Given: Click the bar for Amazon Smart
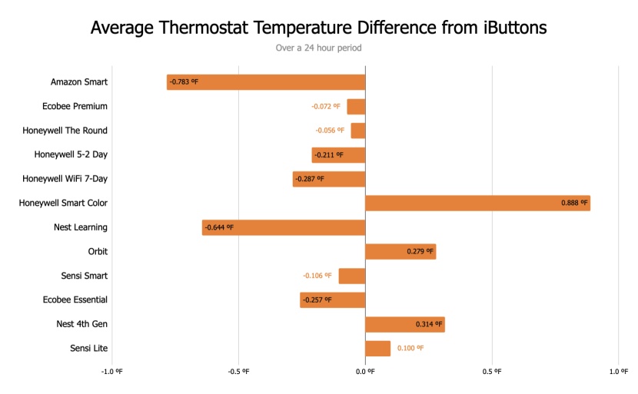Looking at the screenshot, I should (x=266, y=82).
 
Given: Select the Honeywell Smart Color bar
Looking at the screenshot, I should (x=477, y=204).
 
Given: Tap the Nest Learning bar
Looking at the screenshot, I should (x=284, y=227).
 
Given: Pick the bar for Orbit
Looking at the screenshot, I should (x=400, y=252).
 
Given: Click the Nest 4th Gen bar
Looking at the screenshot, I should (x=404, y=324).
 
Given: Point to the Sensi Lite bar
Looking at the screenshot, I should (x=377, y=349).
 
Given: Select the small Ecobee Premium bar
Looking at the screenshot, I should (x=356, y=107).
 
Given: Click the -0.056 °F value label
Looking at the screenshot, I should (x=330, y=131).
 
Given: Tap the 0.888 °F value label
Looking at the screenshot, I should (x=574, y=204).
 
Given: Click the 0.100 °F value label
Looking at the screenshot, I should (x=410, y=349).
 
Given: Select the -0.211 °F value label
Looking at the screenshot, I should (x=328, y=155).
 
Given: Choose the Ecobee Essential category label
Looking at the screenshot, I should (x=75, y=300).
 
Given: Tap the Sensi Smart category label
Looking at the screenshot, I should (x=85, y=276).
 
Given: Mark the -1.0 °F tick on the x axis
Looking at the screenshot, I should (x=111, y=372).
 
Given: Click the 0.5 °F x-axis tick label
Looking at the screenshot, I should (x=492, y=372).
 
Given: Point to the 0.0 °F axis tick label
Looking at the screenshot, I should (x=365, y=372).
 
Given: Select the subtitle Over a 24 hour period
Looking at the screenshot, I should (x=318, y=48).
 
